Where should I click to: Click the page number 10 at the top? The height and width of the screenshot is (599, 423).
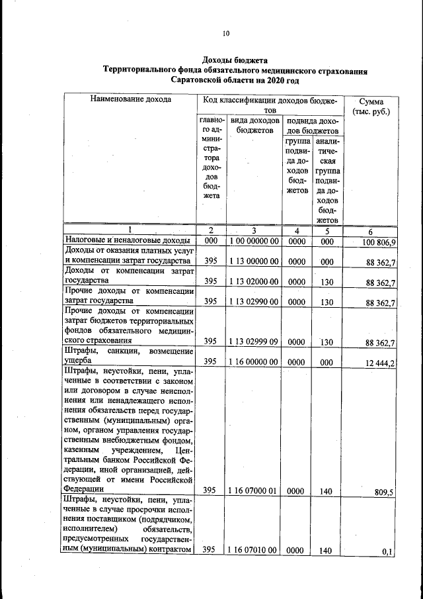[x=225, y=33]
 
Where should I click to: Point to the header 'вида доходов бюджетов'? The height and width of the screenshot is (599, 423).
[x=254, y=126]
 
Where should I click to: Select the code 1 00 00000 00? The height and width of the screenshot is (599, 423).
[x=254, y=242]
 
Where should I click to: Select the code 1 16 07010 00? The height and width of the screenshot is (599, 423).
[x=254, y=550]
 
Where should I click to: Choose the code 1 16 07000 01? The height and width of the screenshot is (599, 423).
[x=254, y=490]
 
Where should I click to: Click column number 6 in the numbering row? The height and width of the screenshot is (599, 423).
[x=371, y=230]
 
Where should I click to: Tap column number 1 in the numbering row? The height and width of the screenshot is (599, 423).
[x=130, y=230]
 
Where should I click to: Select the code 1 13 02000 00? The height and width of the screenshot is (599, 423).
[x=254, y=281]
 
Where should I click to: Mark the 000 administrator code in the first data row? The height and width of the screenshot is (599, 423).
[x=211, y=242]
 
